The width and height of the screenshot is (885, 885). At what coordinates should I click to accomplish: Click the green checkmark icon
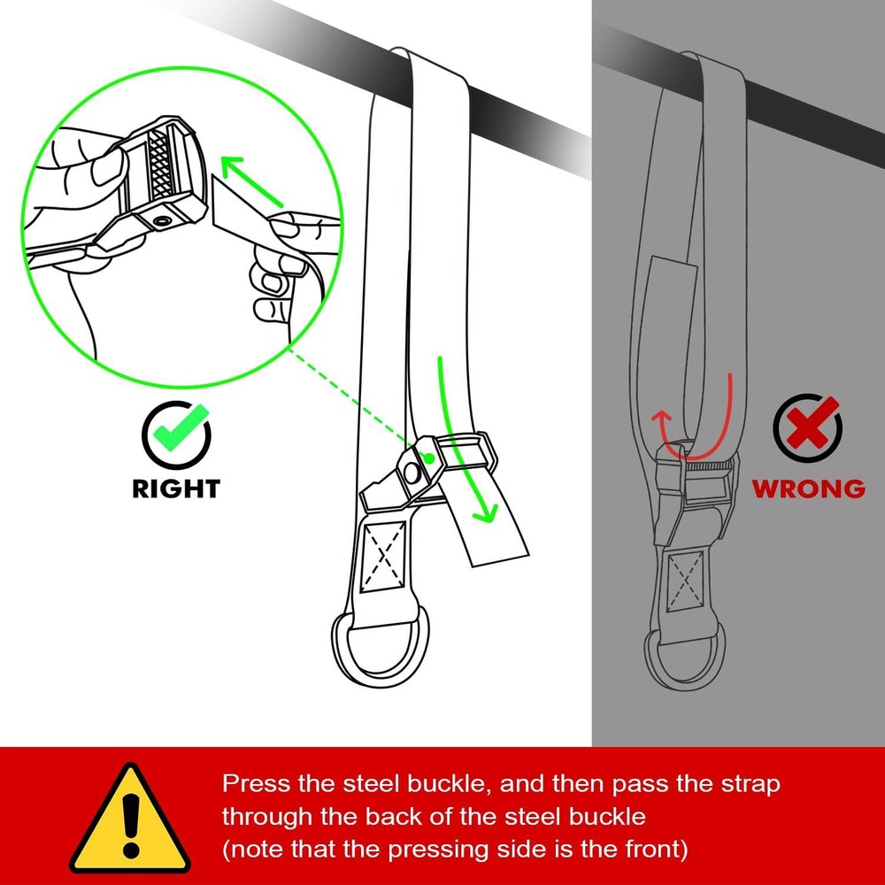176,432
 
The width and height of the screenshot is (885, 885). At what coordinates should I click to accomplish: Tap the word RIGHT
176,488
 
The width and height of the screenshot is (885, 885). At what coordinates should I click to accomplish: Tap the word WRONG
808,488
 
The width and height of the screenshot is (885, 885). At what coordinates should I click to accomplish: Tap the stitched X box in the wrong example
685,580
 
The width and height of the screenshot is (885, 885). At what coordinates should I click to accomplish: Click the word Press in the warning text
251,784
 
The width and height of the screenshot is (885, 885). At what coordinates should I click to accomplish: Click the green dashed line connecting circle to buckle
354,404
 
